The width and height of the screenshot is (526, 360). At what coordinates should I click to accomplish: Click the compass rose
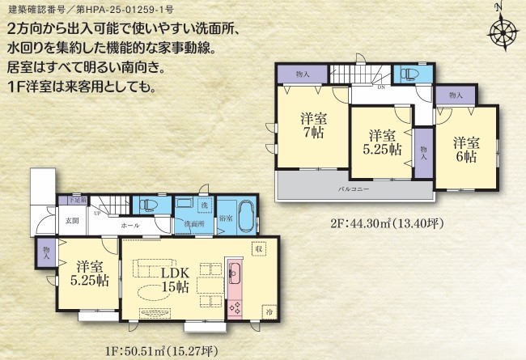tap(503, 31)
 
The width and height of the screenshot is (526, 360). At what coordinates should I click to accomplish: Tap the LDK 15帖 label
tap(174, 280)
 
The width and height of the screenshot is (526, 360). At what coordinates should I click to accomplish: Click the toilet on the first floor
tap(151, 205)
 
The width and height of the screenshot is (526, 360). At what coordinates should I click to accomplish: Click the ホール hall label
tap(129, 227)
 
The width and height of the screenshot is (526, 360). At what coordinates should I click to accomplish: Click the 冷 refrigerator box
tap(269, 311)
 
